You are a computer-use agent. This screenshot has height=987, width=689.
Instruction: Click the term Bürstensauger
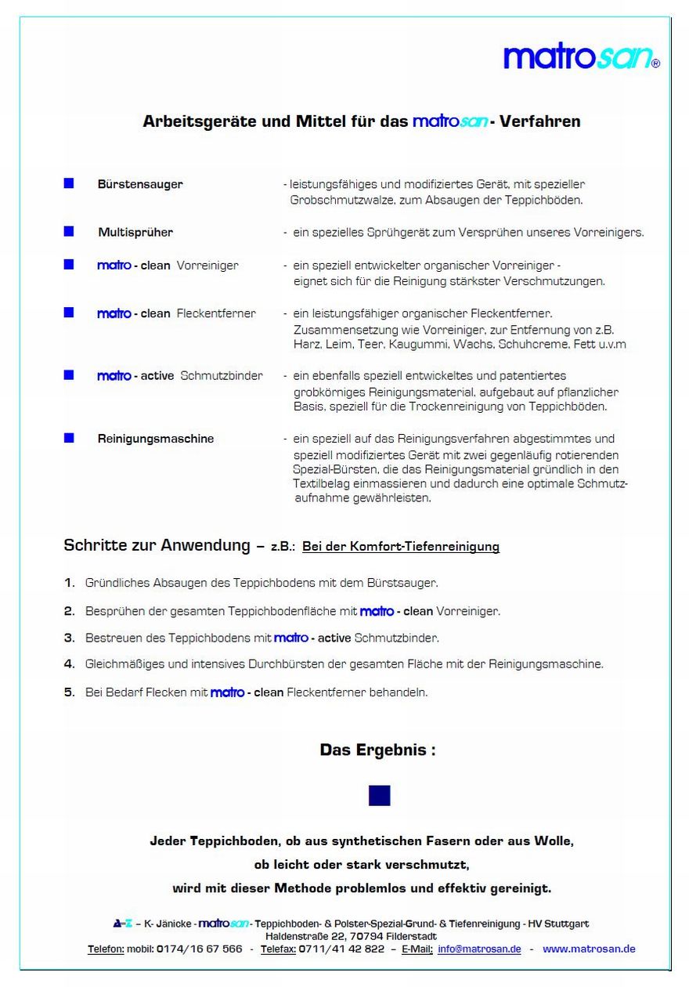[x=140, y=185]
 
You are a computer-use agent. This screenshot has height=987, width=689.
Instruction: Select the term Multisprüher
[x=135, y=233]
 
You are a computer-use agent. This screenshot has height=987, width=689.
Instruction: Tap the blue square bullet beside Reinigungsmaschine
[x=69, y=438]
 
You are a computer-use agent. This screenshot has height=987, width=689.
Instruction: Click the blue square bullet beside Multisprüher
[x=69, y=231]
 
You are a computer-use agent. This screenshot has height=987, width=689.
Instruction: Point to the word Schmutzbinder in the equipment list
[x=222, y=376]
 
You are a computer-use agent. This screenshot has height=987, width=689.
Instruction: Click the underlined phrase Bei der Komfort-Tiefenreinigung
[x=401, y=547]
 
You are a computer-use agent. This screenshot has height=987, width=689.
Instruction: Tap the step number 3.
[x=69, y=638]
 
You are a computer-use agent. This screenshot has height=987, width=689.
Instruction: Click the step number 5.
[x=69, y=692]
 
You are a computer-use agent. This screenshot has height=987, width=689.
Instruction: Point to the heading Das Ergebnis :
[x=377, y=750]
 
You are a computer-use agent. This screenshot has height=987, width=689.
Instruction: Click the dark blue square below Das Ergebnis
[x=379, y=796]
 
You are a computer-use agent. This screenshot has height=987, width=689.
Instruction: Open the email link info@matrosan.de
[x=479, y=949]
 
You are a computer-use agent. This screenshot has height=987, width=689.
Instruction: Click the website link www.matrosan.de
[x=589, y=949]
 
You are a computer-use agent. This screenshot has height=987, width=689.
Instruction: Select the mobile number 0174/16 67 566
[x=200, y=949]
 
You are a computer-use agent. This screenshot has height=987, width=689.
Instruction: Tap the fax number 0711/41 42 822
[x=341, y=949]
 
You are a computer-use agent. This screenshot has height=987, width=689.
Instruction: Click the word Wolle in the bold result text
[x=554, y=842]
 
